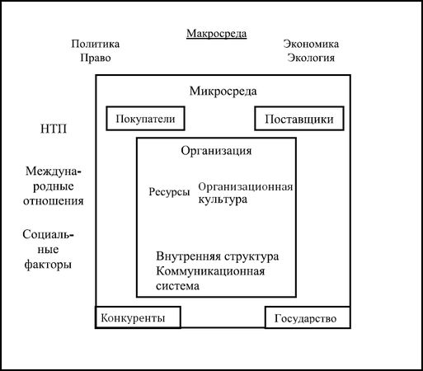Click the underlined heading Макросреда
coord(217,34)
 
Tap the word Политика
coord(96,44)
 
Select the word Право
coord(96,58)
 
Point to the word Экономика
coord(311,44)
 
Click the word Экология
coord(311,58)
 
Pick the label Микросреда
coord(223,92)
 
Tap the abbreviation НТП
coord(54,129)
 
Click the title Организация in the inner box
coord(216,151)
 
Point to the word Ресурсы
coord(169,192)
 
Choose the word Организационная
coord(246,187)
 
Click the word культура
coord(223,200)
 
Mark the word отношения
coord(54,201)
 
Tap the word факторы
coord(48,265)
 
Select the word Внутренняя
coord(189,256)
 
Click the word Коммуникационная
coord(210,271)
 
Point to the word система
coord(177,286)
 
